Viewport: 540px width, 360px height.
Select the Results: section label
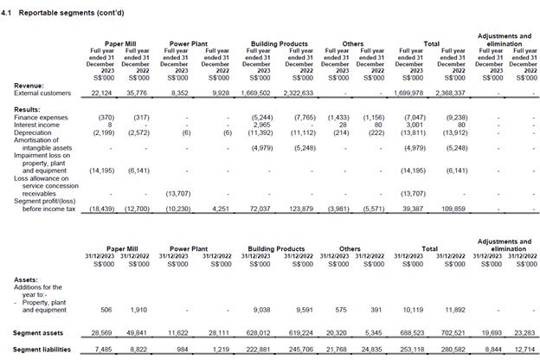pos(29,108)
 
